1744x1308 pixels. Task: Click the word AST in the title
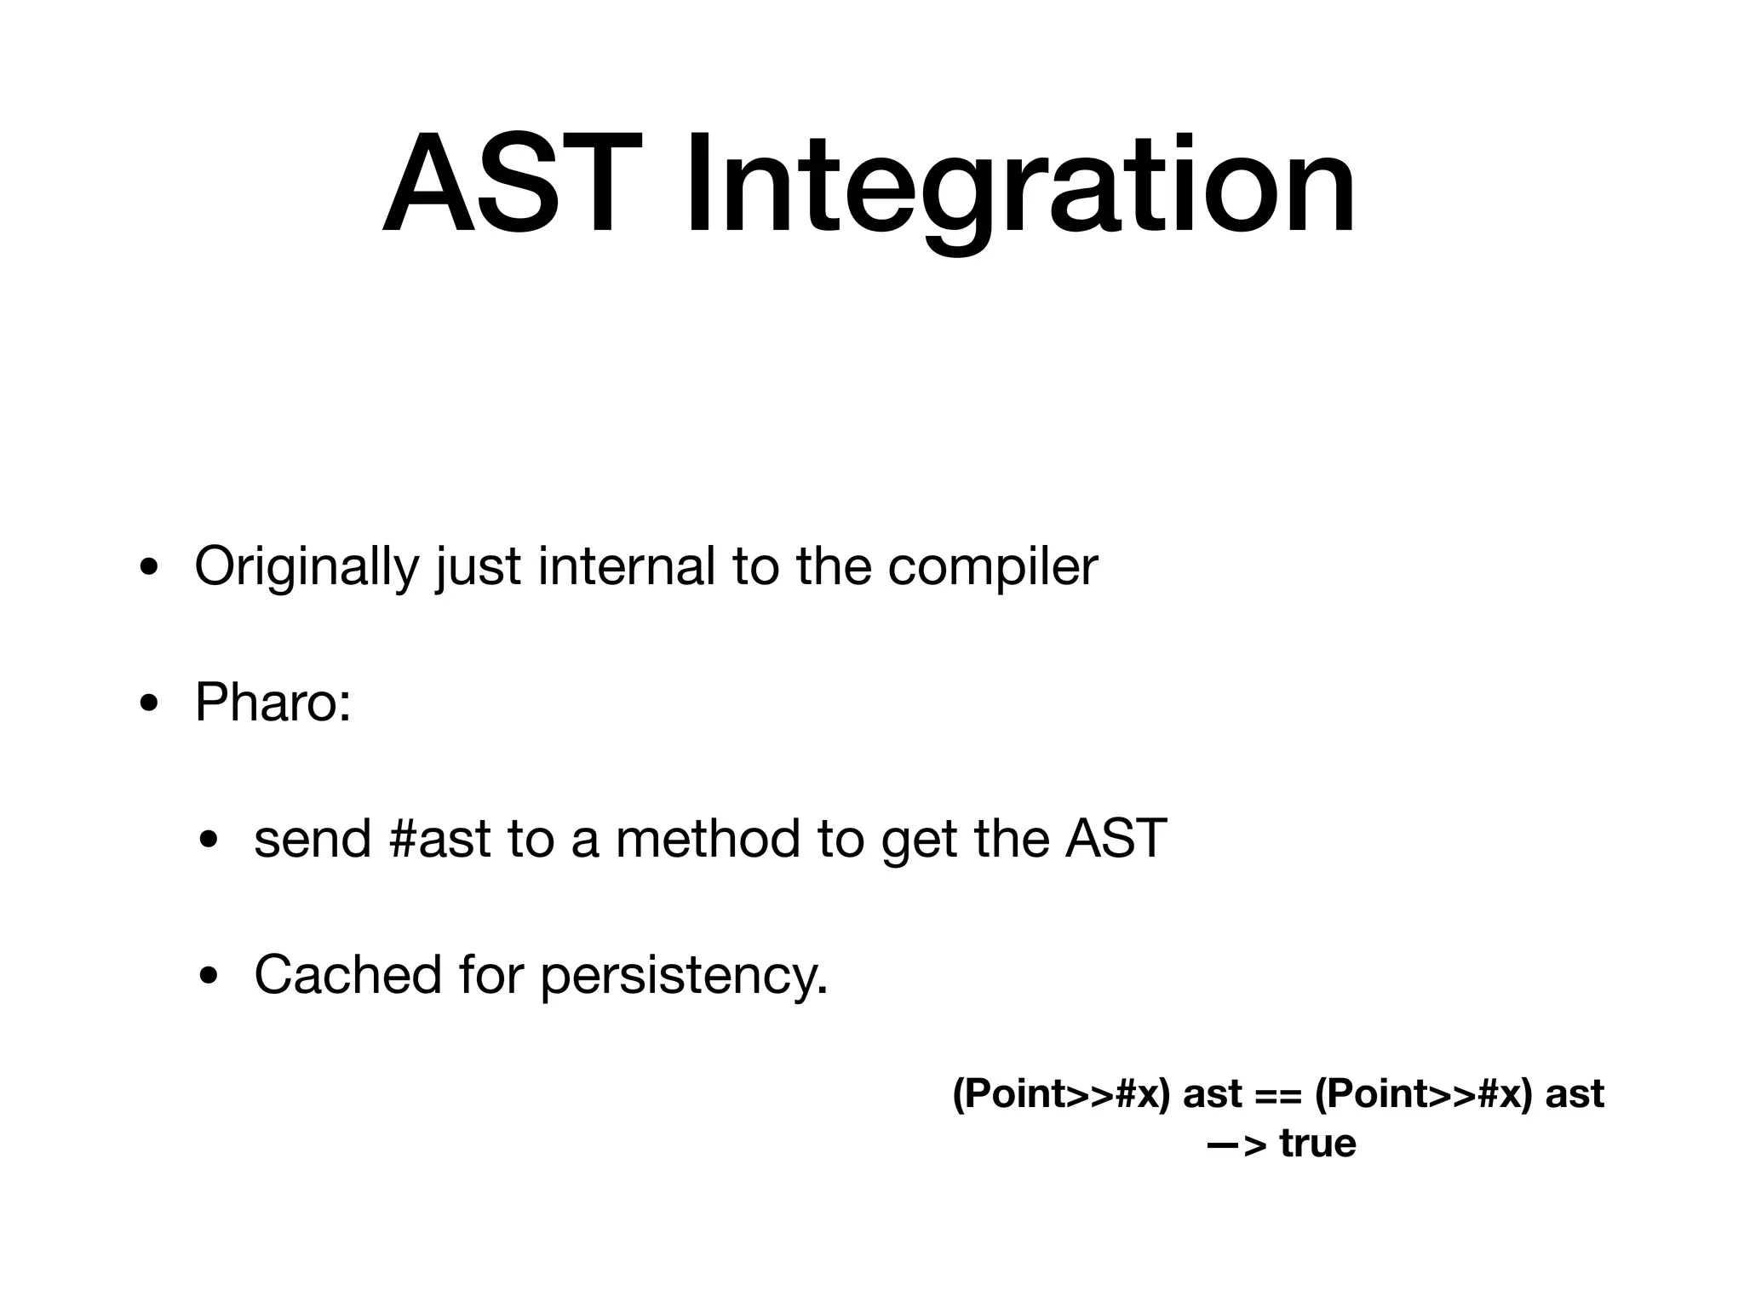[511, 183]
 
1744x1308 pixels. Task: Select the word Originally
[307, 567]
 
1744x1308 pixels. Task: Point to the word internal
[626, 565]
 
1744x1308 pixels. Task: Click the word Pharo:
[272, 703]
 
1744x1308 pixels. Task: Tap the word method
[708, 839]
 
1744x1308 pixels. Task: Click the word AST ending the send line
[1116, 839]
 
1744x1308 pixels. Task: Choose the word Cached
[347, 974]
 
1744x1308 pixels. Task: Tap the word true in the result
[1317, 1143]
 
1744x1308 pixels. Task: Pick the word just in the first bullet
[478, 567]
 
